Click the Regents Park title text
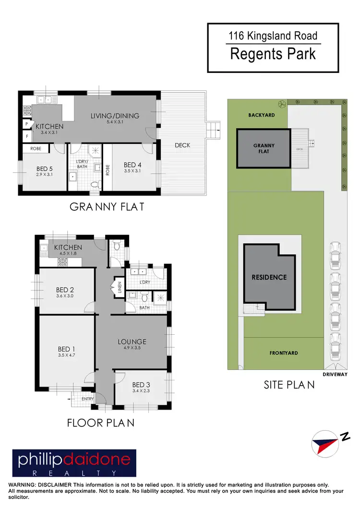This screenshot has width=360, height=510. pyautogui.click(x=273, y=54)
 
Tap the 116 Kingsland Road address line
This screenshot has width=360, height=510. pyautogui.click(x=273, y=36)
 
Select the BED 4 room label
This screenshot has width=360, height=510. pyautogui.click(x=132, y=165)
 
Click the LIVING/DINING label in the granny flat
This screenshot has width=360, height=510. pyautogui.click(x=115, y=116)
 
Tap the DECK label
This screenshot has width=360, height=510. pyautogui.click(x=182, y=145)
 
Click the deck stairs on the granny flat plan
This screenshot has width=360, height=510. pyautogui.click(x=212, y=129)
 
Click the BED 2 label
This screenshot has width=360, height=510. pyautogui.click(x=65, y=290)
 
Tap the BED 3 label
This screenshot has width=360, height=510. pyautogui.click(x=141, y=385)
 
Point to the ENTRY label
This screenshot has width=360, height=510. pyautogui.click(x=88, y=399)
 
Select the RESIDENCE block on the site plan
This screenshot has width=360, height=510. pyautogui.click(x=269, y=277)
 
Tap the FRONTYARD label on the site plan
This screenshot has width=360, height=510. pyautogui.click(x=283, y=353)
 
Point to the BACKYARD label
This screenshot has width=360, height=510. pyautogui.click(x=262, y=115)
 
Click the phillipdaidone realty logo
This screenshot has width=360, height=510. pyautogui.click(x=74, y=462)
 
